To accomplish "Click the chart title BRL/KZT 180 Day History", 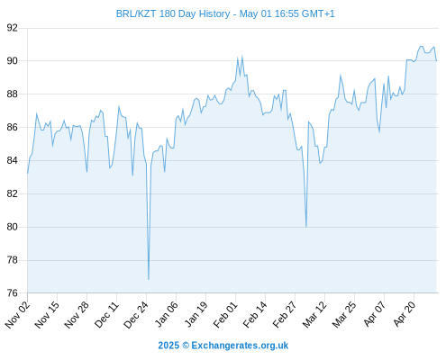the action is (173, 13).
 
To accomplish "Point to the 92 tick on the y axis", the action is (13, 28).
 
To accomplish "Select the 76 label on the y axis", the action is (13, 292).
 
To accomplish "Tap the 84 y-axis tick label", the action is (13, 160).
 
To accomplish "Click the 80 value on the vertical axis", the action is (13, 227).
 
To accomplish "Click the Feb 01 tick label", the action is (225, 314).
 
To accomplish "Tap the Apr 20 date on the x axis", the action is (405, 314).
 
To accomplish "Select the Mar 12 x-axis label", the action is (314, 314).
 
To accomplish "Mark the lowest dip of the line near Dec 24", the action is (149, 280).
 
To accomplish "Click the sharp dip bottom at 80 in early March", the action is (306, 227).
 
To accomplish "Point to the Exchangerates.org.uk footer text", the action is (240, 346).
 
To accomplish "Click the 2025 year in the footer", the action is (168, 346).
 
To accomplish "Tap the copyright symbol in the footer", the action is (186, 346).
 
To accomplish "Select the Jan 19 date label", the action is (196, 314).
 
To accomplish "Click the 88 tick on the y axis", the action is (13, 94).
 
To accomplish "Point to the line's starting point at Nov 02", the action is (28, 174).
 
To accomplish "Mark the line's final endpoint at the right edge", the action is (436, 61).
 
